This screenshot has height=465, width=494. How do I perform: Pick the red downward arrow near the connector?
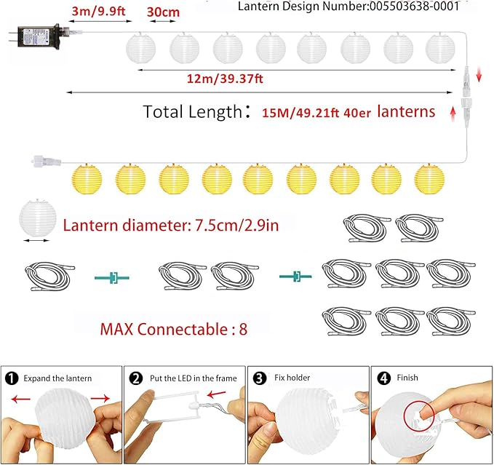tap(479, 74)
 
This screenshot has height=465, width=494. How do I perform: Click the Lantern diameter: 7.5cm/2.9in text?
tap(170, 224)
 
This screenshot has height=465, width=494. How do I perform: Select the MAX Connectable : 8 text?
tap(174, 328)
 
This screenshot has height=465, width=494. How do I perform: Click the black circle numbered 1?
tap(11, 378)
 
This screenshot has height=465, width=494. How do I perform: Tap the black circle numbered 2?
tap(135, 378)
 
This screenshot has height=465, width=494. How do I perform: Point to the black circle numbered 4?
tap(383, 378)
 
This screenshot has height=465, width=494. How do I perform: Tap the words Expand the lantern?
tap(58, 378)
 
